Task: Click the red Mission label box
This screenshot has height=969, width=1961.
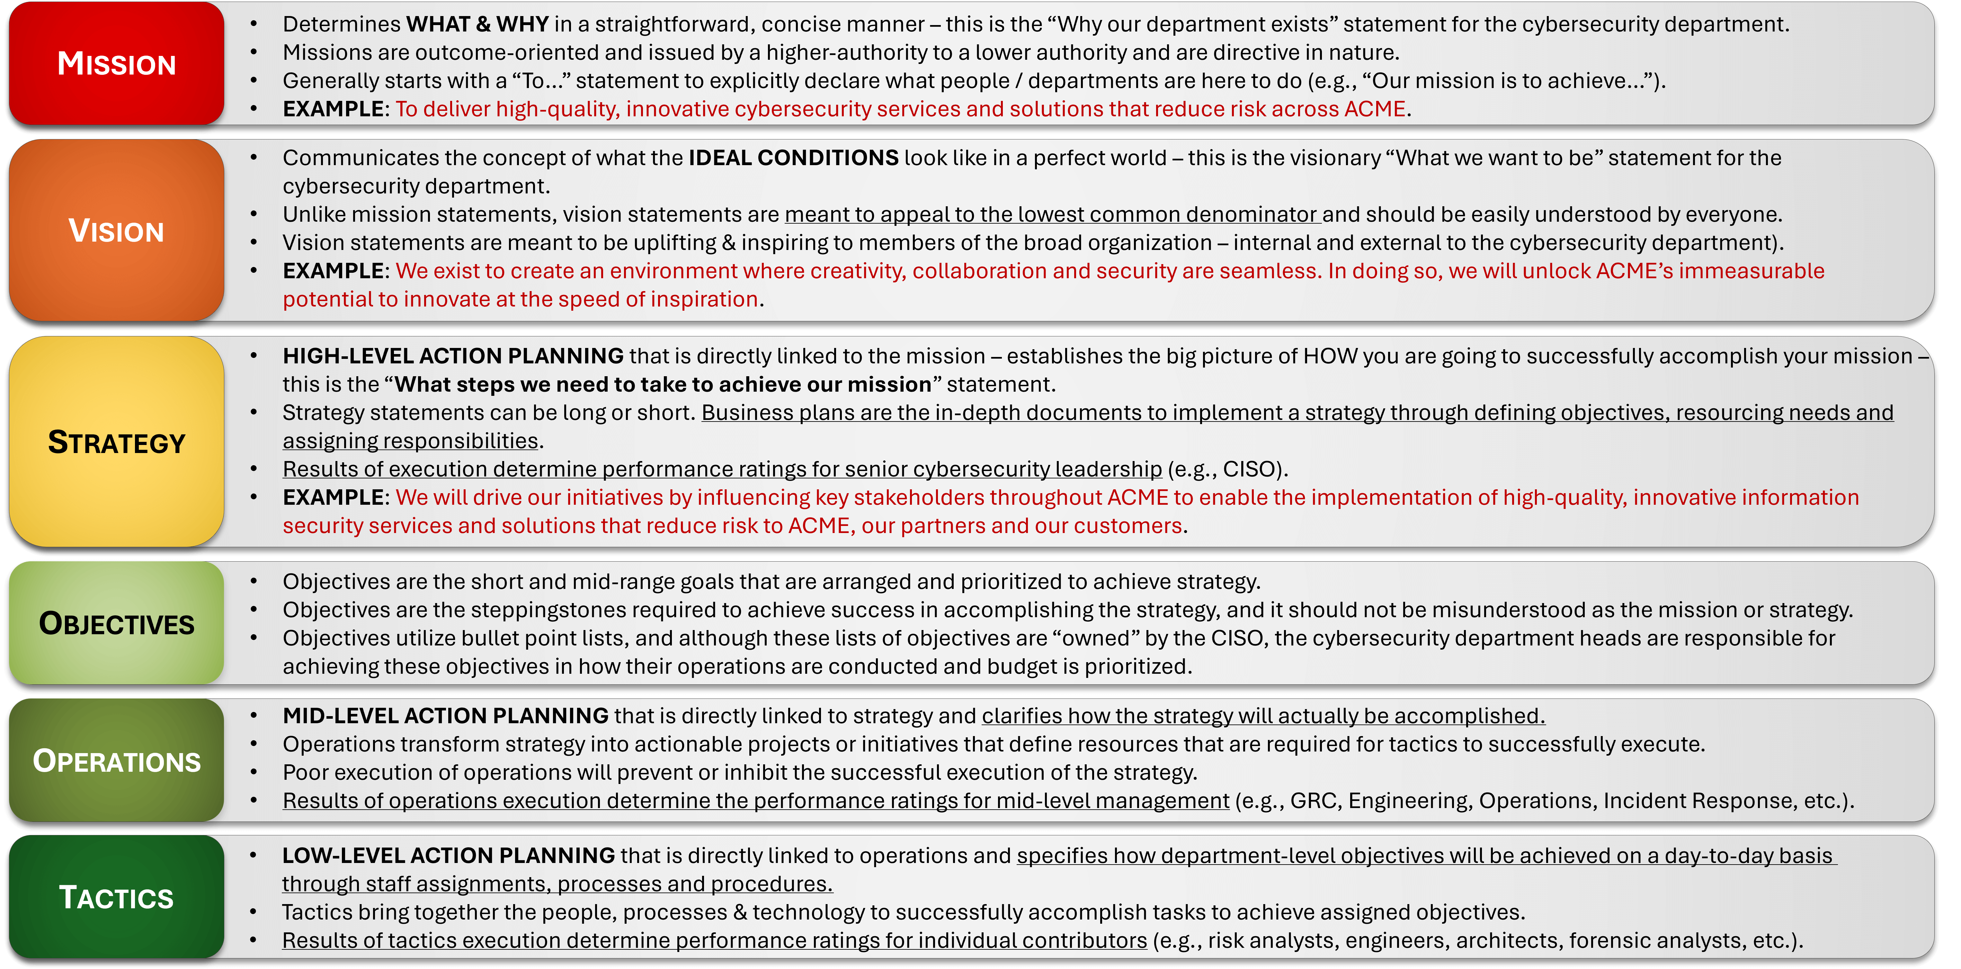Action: [x=116, y=63]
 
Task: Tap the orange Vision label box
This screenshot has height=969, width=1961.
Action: [x=116, y=230]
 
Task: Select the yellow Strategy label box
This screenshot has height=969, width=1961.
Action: [x=116, y=441]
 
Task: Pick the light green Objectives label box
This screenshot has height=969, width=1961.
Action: [x=116, y=623]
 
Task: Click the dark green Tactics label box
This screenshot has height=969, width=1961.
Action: [x=116, y=897]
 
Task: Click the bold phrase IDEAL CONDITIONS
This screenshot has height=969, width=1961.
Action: [x=793, y=157]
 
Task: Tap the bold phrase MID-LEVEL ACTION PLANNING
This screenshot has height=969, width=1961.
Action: [x=445, y=716]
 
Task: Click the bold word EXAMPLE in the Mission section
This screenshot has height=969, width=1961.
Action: [x=333, y=109]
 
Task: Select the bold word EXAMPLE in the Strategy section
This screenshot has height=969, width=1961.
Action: [x=333, y=497]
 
